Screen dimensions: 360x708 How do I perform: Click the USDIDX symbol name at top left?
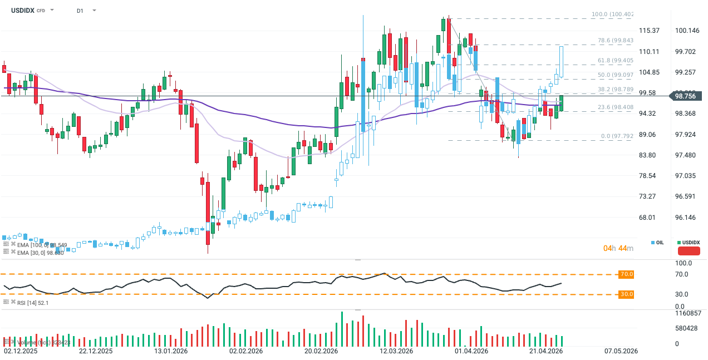point(22,10)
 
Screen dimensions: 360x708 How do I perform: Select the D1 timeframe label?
point(81,10)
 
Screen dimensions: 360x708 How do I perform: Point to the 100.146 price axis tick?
point(686,31)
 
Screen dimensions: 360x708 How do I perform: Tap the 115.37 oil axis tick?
point(648,31)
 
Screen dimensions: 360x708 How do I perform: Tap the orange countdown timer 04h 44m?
point(618,248)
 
